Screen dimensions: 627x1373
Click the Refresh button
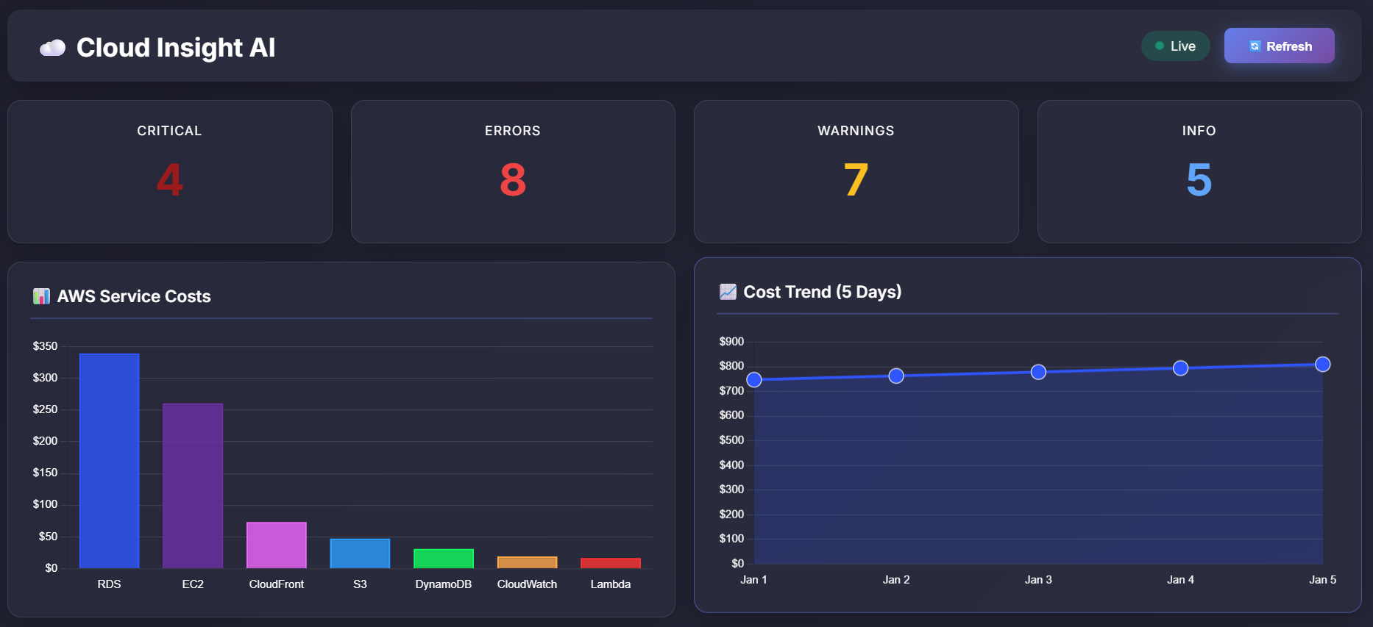click(1279, 46)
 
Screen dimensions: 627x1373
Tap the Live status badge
click(1175, 46)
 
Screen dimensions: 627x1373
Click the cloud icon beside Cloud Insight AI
click(52, 48)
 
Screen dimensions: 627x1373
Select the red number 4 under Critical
click(169, 180)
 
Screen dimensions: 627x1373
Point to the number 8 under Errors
click(513, 180)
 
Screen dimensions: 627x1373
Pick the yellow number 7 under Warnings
click(856, 180)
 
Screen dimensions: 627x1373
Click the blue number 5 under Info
click(1199, 180)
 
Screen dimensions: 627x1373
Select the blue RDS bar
click(109, 460)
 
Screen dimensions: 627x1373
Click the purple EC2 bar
click(193, 485)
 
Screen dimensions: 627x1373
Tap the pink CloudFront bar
click(276, 545)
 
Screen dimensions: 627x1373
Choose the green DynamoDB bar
click(443, 559)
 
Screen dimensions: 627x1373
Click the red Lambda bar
click(610, 563)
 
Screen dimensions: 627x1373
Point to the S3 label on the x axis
click(360, 584)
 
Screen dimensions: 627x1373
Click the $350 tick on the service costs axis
click(45, 346)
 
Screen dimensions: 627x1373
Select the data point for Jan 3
click(1038, 372)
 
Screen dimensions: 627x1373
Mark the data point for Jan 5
click(1322, 365)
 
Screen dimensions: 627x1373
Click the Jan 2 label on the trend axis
click(895, 580)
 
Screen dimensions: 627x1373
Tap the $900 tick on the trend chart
click(731, 342)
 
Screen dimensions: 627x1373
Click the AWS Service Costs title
click(133, 296)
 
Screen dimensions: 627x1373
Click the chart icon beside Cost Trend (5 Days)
click(728, 292)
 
